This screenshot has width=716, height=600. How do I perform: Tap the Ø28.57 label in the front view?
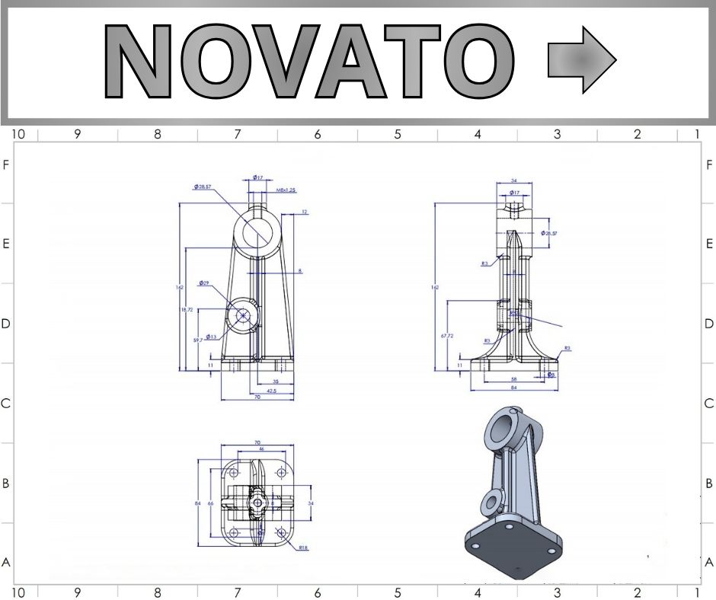pos(203,187)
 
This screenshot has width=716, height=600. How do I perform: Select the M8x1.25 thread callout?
pos(286,190)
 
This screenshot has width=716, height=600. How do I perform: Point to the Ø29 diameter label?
pos(204,283)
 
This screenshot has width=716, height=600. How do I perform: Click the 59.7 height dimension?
pos(198,340)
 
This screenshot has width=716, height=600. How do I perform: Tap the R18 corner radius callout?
pos(303,547)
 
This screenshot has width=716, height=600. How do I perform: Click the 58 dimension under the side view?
pos(514,378)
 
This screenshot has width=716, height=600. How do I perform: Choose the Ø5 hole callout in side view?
pos(551,374)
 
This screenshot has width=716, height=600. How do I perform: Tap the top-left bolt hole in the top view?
pos(234,474)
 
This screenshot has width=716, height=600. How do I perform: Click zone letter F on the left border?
pos(6,164)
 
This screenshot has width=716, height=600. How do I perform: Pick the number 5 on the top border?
pos(398,135)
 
